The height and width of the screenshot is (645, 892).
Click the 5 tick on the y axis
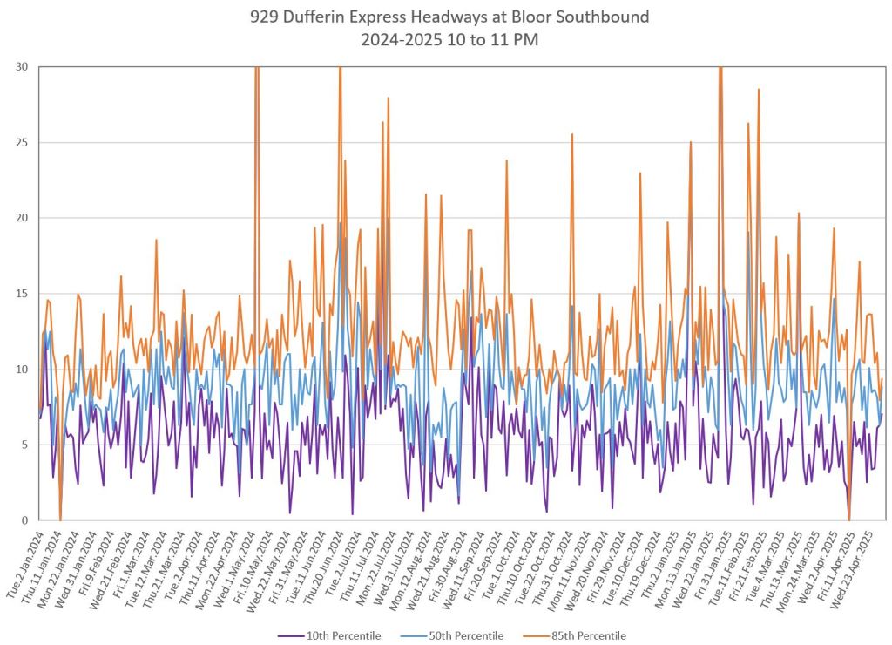click(22, 445)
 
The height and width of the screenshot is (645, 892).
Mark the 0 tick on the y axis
click(22, 520)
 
